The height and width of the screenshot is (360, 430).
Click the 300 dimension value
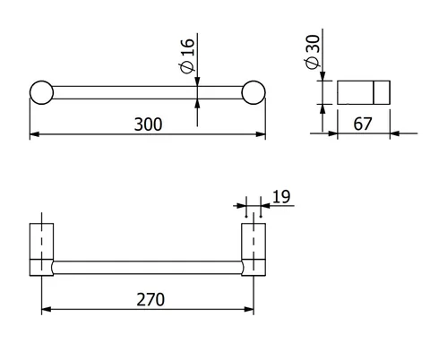tap(148, 124)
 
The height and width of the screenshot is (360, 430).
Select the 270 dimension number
tap(150, 299)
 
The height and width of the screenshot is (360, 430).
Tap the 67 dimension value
tap(363, 124)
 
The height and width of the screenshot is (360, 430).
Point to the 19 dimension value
tap(281, 197)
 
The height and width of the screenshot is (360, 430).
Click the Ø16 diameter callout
tap(187, 56)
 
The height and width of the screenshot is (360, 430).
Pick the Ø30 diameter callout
tap(313, 52)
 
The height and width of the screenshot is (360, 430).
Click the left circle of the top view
tap(41, 92)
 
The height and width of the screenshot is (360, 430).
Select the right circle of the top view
tap(254, 92)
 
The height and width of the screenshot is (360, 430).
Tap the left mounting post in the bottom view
tap(41, 249)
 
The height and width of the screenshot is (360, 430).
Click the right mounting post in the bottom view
tap(254, 249)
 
